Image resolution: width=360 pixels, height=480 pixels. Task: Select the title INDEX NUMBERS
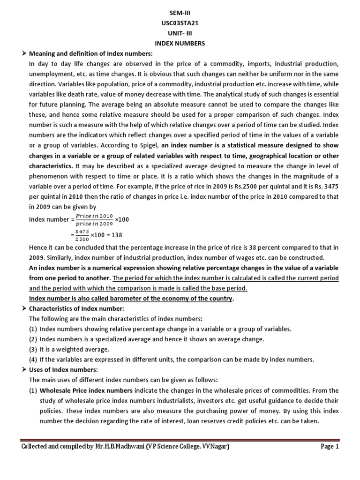click(180, 44)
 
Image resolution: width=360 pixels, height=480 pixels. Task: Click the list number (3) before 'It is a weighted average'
click(33, 349)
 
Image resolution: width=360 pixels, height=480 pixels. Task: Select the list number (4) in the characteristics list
click(33, 360)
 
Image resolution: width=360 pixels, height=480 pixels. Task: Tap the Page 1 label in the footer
click(329, 447)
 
